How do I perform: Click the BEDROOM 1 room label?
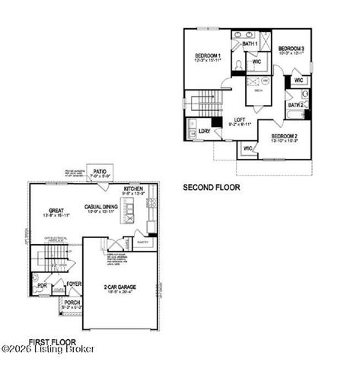coord(208,56)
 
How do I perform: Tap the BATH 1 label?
coord(250,44)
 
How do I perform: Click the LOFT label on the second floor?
coord(239,120)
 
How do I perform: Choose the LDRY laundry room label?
coord(204,132)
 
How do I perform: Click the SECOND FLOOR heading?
coord(212,186)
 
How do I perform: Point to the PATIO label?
coord(100,172)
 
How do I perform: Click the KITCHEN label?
coord(134,188)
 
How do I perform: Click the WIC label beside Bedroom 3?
coord(299,80)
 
